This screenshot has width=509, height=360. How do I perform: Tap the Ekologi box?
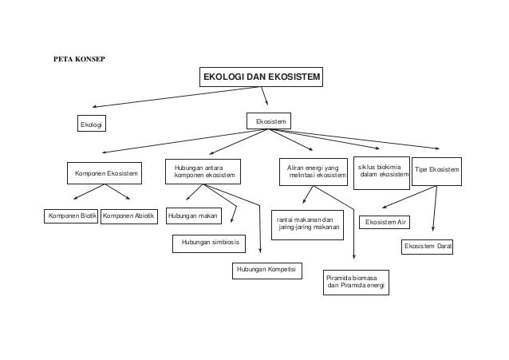tap(92, 124)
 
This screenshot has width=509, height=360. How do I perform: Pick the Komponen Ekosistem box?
tap(106, 172)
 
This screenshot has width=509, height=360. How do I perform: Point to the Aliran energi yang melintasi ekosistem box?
tap(312, 172)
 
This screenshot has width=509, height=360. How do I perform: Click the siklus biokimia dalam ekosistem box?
tap(381, 172)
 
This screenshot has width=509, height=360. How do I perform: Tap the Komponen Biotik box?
tap(69, 216)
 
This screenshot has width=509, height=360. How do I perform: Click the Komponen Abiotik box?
tap(128, 216)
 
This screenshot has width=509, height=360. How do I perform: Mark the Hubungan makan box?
tap(193, 216)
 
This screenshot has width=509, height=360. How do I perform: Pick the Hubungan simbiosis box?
tap(208, 242)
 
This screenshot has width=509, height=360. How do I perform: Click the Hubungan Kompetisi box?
tap(266, 271)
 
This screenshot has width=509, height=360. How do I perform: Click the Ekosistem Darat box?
tap(427, 247)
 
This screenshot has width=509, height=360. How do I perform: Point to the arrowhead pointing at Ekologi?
tap(93, 106)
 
